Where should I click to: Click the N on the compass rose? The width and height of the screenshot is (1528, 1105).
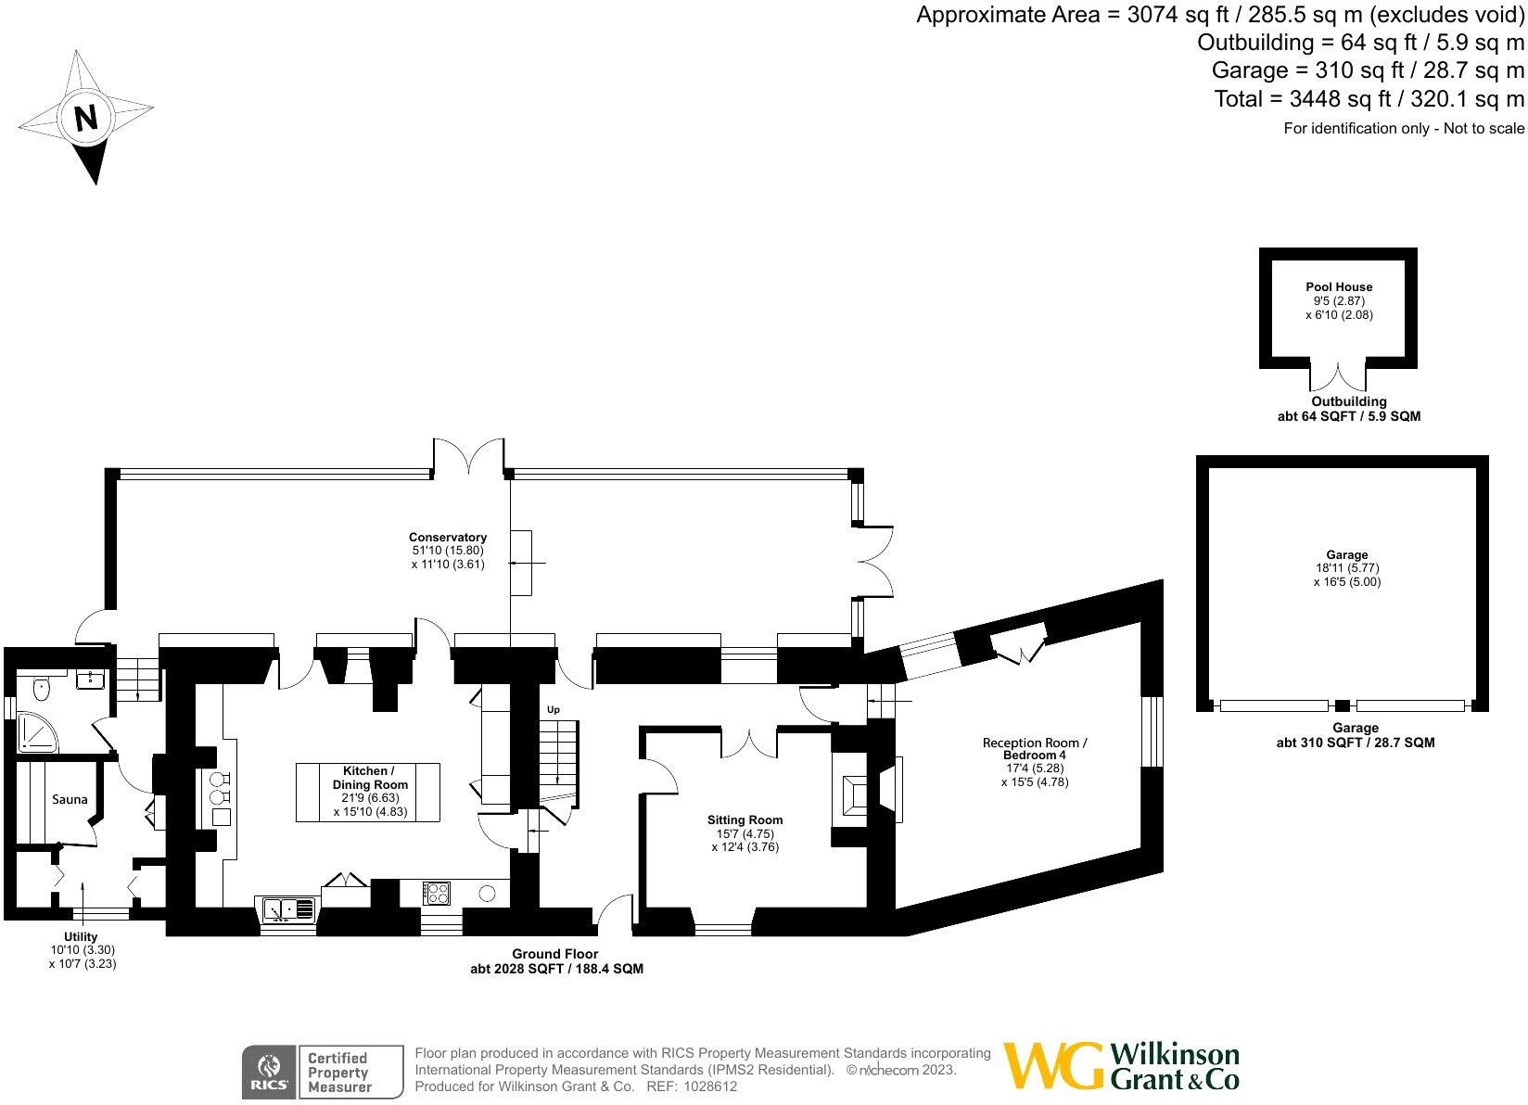click(x=85, y=118)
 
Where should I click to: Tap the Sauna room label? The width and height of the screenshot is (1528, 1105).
click(x=70, y=799)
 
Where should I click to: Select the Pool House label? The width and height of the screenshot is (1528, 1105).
click(x=1339, y=287)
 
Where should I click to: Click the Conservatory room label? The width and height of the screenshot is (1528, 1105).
click(x=448, y=537)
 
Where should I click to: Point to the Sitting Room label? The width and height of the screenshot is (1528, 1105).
click(x=745, y=819)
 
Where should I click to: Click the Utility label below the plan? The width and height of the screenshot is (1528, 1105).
click(x=81, y=937)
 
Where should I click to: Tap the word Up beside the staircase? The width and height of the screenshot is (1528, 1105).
click(x=554, y=710)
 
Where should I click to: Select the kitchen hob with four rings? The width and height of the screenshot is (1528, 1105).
click(x=437, y=894)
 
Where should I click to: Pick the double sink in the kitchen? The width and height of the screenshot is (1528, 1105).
click(x=288, y=909)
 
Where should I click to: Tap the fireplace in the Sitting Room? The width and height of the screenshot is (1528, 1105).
click(x=852, y=795)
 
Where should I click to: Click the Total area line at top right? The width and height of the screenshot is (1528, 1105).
click(x=1369, y=98)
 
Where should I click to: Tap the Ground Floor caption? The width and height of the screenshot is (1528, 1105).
click(x=555, y=954)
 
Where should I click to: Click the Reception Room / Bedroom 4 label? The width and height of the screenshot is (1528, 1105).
click(x=1034, y=749)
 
